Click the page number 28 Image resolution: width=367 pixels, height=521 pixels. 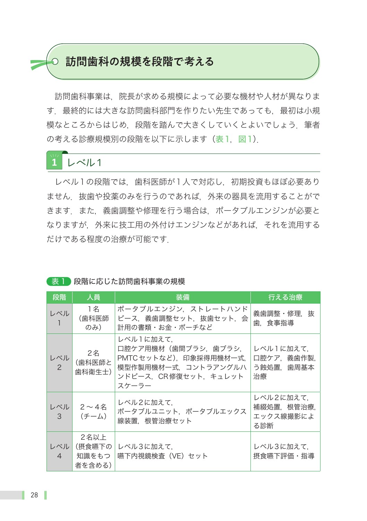34,495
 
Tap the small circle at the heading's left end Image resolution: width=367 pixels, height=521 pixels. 55,62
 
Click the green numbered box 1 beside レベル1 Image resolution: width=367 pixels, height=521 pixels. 54,162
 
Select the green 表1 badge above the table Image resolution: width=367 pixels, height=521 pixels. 58,281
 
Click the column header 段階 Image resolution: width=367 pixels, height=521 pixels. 59,297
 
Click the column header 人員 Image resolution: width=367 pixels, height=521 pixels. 94,297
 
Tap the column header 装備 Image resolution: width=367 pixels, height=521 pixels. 182,297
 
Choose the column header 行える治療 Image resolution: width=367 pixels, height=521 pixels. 285,297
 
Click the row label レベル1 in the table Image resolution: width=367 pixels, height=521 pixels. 59,318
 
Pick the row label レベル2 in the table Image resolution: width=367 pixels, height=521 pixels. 59,363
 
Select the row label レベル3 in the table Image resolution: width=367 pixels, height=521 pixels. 59,412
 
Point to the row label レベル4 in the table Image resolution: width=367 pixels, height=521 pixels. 59,451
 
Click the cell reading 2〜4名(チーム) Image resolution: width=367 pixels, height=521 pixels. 94,412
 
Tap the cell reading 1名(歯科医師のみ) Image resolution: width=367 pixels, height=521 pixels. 94,318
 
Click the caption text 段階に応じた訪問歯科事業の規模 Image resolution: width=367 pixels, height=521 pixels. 129,281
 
